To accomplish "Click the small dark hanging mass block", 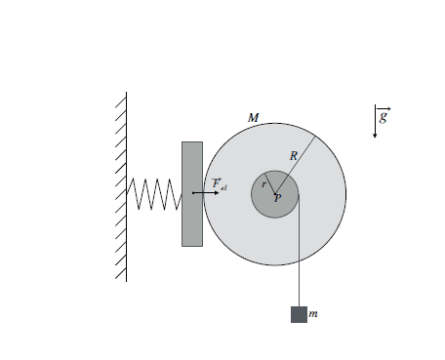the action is point(299,314).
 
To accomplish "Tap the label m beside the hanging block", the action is point(313,314).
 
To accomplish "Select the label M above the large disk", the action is point(253,118).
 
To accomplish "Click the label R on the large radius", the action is point(294,156).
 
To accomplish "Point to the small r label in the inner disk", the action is point(263,184).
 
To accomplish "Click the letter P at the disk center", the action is point(277,198).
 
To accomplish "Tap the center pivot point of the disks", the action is point(275,194).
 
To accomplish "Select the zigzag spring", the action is point(154,194).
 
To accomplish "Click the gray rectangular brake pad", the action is point(192,194).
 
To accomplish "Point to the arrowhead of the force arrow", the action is point(217,193).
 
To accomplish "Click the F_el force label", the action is point(220,183).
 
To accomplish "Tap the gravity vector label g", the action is point(384,115).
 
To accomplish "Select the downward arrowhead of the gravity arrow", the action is point(375,136).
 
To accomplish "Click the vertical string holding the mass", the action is point(299,251).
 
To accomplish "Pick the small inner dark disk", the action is point(275,194).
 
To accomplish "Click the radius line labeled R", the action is point(296,165).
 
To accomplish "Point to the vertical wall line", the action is point(127,187).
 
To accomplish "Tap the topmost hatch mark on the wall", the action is point(121,102).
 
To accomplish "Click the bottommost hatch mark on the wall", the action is point(121,273).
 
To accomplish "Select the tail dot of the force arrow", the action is point(193,193).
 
